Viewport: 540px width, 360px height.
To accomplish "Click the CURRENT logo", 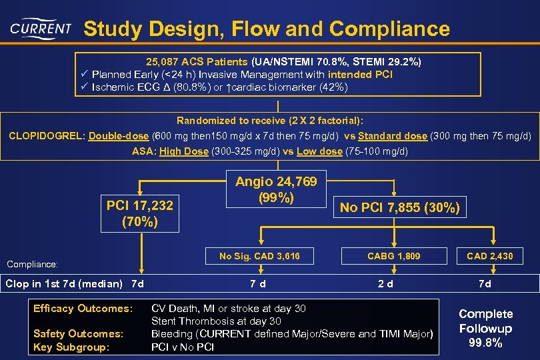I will (41, 29).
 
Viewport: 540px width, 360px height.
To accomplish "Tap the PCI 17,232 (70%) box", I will (140, 213).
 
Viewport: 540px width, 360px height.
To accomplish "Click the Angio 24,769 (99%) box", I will (276, 190).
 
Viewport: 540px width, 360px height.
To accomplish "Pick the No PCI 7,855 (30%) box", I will (399, 207).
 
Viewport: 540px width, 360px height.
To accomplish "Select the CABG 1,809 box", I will (395, 256).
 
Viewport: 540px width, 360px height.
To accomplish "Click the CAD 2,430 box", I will (490, 256).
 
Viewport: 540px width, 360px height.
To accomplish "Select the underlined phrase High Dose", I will (184, 151).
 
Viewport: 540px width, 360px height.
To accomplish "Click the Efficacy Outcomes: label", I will (83, 309).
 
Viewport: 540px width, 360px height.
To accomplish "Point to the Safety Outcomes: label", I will (78, 333).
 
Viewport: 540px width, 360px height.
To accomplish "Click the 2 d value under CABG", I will (385, 285).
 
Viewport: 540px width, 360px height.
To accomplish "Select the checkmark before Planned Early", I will (84, 74).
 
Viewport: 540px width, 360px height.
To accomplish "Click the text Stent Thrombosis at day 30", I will (217, 321).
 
